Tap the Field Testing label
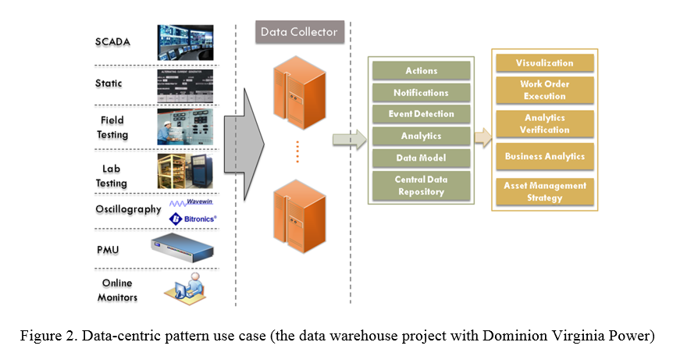point(112,127)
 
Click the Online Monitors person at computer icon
point(184,288)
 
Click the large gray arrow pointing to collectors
point(244,143)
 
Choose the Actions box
point(422,71)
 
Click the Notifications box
point(422,93)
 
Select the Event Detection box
point(422,114)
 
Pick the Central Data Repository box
point(422,185)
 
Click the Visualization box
point(544,63)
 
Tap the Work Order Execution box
point(544,90)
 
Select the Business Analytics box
point(544,156)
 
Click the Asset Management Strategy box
point(544,191)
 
